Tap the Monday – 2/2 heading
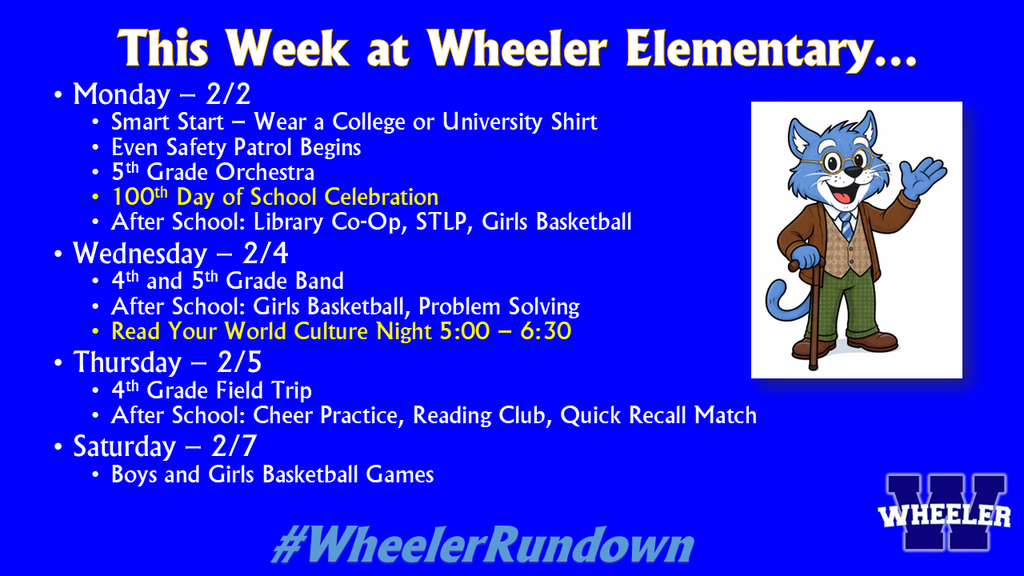point(161,95)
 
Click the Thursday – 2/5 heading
point(168,361)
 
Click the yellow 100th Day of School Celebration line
point(275,197)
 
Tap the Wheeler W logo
point(945,513)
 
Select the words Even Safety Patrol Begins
point(236,147)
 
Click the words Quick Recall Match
point(658,415)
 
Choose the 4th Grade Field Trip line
point(212,390)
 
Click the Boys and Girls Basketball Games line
point(272,474)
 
